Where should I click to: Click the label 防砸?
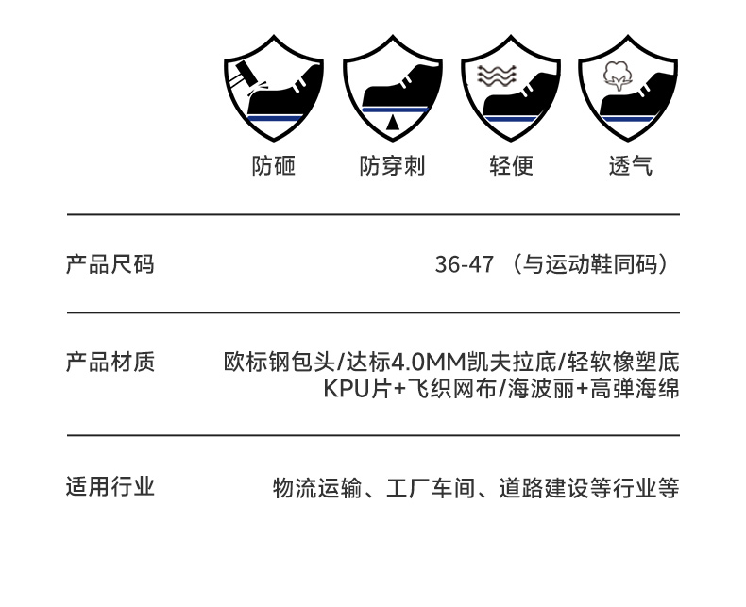(274, 166)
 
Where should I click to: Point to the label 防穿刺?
(392, 166)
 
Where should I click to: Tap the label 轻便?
(511, 166)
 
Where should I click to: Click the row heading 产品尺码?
(110, 263)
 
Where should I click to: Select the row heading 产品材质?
(110, 362)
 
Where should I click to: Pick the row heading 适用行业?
(110, 487)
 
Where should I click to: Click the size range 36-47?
(464, 264)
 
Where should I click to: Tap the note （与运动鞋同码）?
(593, 264)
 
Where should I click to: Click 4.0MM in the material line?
(421, 363)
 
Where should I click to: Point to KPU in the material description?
(344, 388)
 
